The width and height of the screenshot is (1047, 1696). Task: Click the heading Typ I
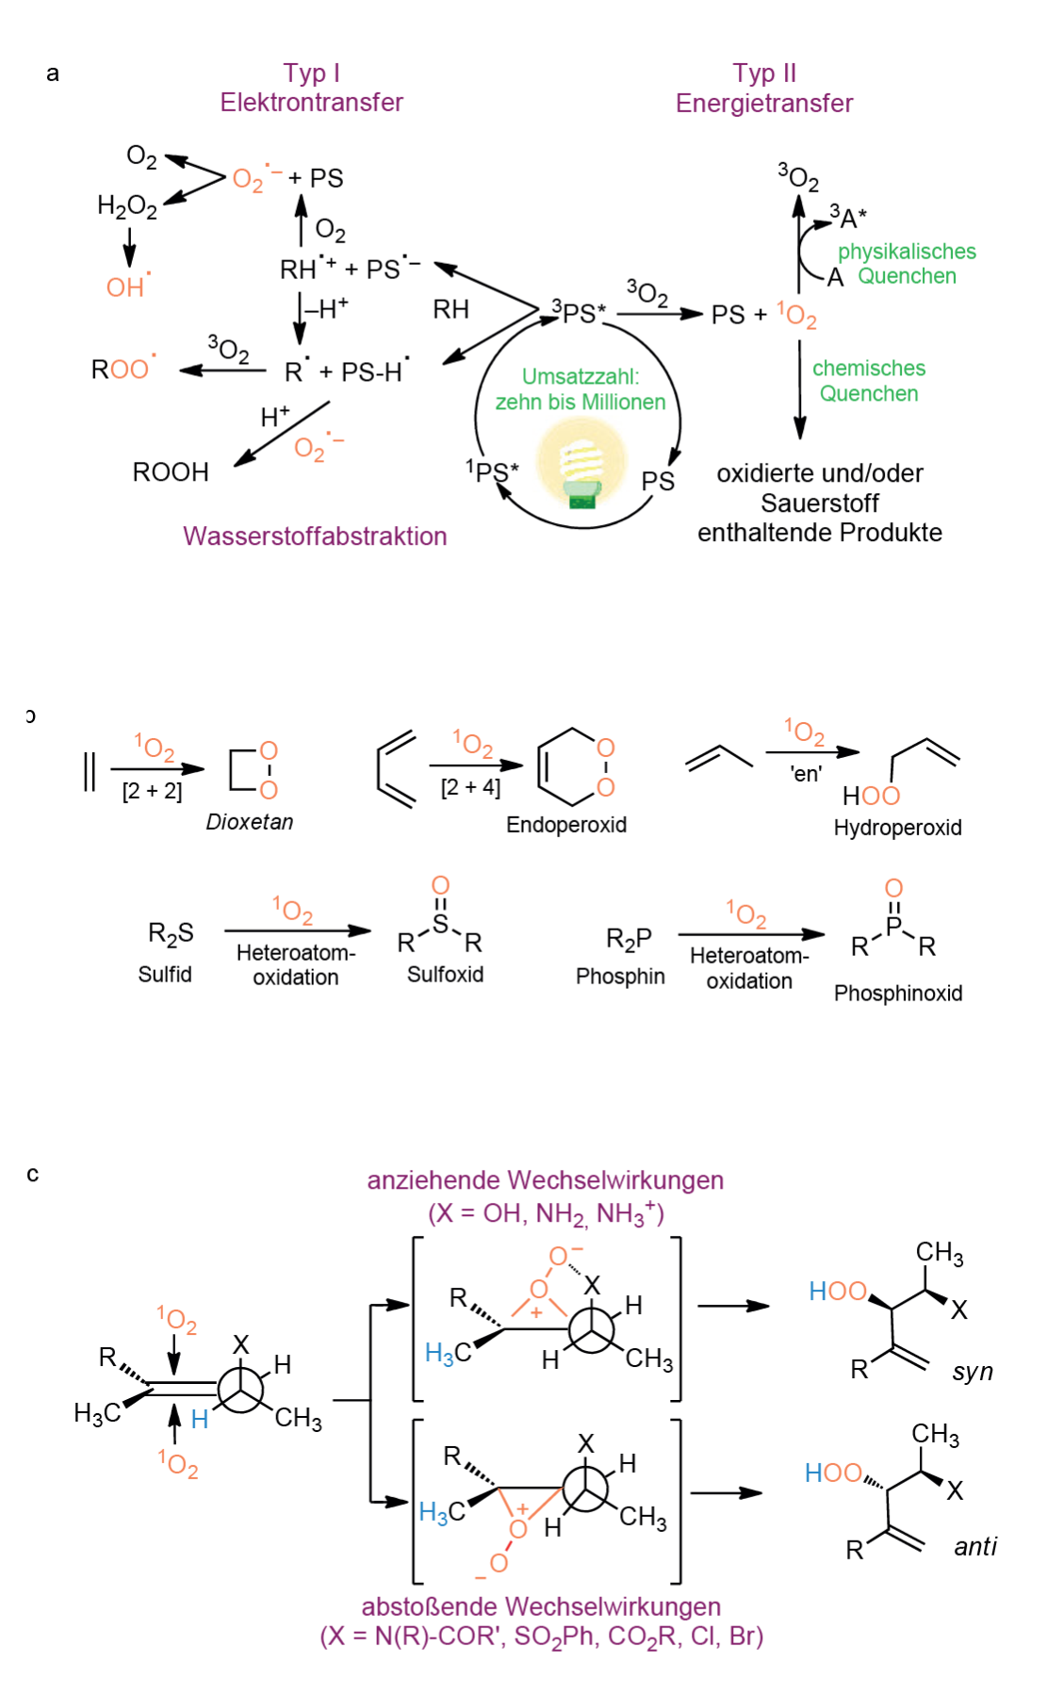point(311,74)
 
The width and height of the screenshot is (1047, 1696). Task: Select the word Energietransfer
point(763,103)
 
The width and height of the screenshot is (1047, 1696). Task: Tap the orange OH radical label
point(127,287)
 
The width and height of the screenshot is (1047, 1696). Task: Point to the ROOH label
point(171,471)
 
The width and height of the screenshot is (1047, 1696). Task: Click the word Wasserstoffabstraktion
point(315,536)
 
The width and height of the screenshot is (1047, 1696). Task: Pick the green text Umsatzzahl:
point(581,377)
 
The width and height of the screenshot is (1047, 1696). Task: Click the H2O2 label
point(127,206)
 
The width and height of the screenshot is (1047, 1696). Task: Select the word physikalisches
point(907,252)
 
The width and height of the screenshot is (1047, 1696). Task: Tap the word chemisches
point(869,369)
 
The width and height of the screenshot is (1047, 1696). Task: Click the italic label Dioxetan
point(250,822)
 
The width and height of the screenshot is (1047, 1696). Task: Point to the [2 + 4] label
point(470,787)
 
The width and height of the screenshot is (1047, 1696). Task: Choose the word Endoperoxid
point(566,825)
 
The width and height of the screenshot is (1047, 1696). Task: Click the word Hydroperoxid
point(897,828)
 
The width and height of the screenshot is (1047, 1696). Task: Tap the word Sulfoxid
point(445,975)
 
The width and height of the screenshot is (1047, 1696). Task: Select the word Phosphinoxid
point(898,994)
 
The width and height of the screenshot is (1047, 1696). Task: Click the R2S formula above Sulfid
point(171,934)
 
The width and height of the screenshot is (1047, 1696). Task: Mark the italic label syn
point(973,1372)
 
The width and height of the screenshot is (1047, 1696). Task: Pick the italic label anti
point(975,1547)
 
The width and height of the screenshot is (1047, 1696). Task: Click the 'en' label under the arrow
point(806,775)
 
